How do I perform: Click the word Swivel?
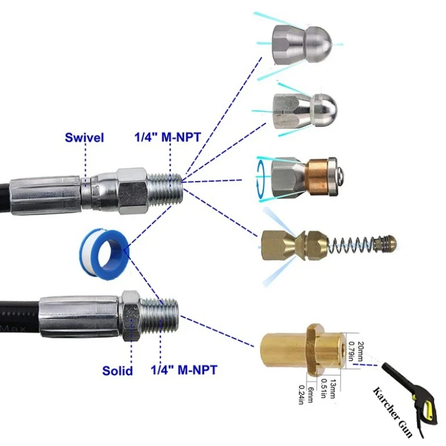pos(84,137)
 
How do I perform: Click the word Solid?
pos(118,371)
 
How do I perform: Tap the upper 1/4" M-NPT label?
pos(168,137)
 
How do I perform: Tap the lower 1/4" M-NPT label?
pos(184,370)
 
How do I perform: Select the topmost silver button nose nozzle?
pos(302,45)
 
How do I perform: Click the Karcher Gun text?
pos(393,411)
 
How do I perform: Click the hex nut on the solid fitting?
pos(131,316)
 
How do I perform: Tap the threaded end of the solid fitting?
pos(160,316)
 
